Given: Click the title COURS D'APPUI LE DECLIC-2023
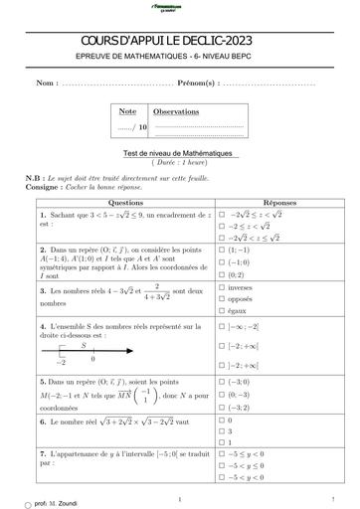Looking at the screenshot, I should tap(179, 41).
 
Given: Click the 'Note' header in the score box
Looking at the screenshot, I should tap(127, 111).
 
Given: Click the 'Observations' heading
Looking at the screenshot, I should tap(176, 112).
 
